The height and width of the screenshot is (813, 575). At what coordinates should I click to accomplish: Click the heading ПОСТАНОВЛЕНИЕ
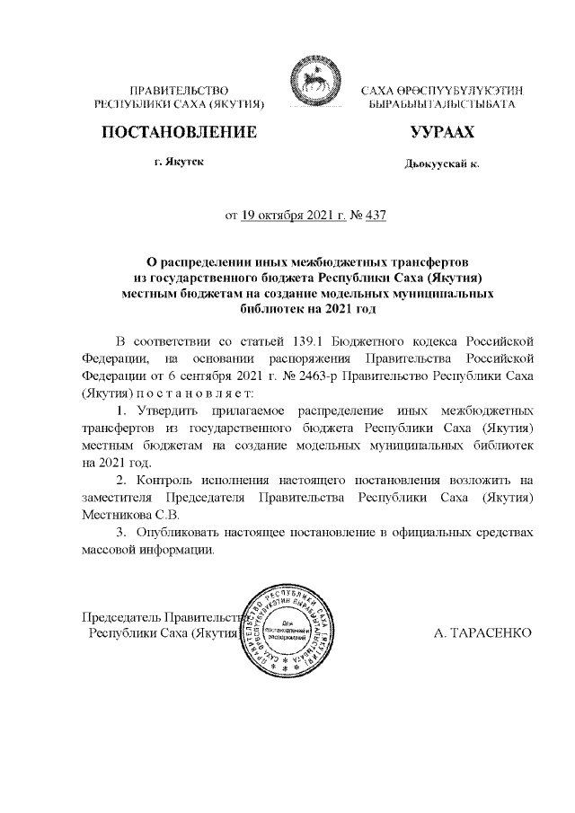[178, 133]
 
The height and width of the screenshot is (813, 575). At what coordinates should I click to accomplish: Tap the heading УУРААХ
[441, 133]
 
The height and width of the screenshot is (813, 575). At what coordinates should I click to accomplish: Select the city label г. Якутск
[179, 164]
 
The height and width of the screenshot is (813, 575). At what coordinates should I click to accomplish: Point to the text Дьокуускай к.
[442, 165]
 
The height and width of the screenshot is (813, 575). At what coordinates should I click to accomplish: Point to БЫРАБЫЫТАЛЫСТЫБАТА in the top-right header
[441, 105]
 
